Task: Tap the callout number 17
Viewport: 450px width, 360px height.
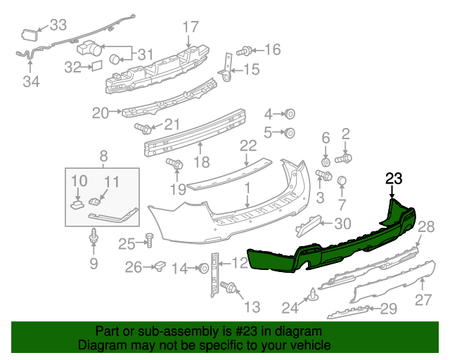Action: (x=191, y=27)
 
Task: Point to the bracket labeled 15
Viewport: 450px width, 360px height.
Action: (x=227, y=67)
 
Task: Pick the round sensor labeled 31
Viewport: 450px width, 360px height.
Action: (x=119, y=59)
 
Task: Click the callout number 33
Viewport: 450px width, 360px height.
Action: (x=58, y=26)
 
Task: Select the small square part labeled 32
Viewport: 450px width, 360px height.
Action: (x=96, y=67)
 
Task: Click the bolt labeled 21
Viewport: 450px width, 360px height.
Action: (x=145, y=129)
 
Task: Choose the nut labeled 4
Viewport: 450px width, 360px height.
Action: (x=289, y=115)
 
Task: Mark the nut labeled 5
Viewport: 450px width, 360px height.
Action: (x=289, y=132)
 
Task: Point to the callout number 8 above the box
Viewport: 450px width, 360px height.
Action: (x=103, y=157)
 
